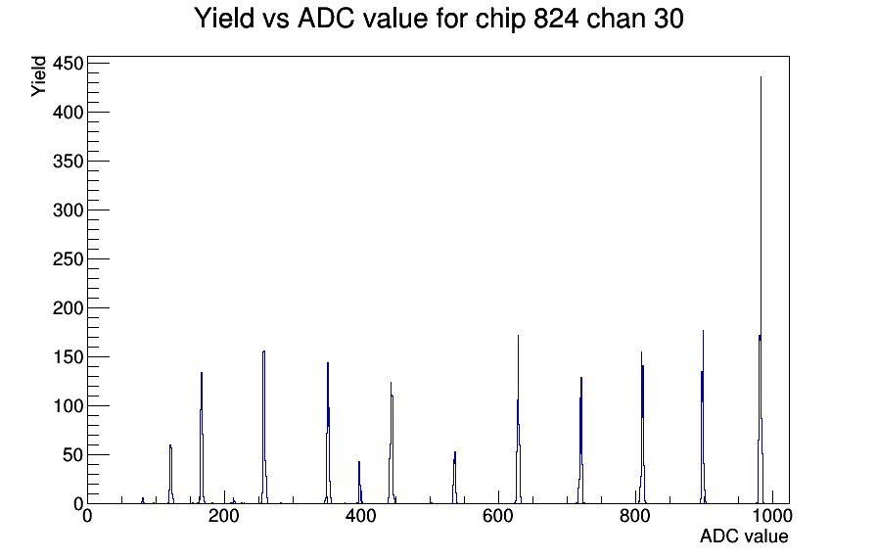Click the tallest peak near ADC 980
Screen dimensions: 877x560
pos(761,291)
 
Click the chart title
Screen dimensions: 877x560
pos(439,19)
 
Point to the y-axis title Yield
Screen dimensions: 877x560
pos(38,76)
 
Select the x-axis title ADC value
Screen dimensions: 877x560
pos(744,536)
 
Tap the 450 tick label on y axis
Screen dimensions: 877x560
pos(68,64)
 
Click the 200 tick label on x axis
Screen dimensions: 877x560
pos(224,516)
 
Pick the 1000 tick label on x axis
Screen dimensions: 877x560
pos(772,516)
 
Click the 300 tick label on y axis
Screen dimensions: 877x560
pos(68,210)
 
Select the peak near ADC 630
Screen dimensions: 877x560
pos(519,420)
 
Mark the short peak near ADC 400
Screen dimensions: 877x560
pos(359,483)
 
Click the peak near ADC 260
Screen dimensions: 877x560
pos(263,428)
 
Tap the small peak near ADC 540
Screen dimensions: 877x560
pos(455,477)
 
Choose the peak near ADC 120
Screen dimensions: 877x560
pos(170,475)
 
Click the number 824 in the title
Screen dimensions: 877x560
pos(556,19)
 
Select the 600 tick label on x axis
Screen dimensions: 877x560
pos(498,516)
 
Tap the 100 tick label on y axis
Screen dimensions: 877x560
pos(68,406)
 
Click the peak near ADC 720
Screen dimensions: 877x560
pos(581,441)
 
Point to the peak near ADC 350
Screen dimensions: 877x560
pos(328,433)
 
